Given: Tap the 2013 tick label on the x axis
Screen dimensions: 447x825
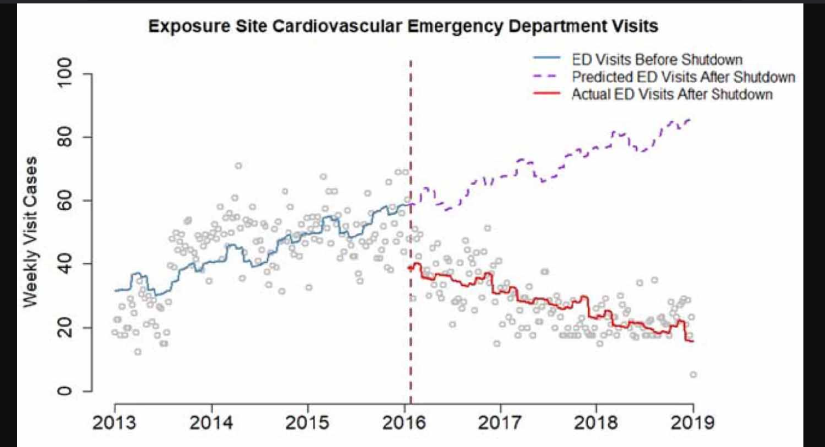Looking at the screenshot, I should pos(114,422).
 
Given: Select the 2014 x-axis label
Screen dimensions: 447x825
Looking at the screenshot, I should pos(211,422).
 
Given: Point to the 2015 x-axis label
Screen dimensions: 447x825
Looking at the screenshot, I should pos(307,422).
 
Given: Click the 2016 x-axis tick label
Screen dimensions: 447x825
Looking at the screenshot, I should pos(404,422).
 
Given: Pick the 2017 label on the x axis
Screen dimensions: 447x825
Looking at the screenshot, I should pos(500,422).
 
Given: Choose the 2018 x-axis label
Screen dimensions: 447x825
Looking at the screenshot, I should pos(596,422).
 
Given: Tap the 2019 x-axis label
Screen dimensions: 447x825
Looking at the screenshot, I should pos(692,422).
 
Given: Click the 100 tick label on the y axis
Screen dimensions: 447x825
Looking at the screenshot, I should pos(65,73).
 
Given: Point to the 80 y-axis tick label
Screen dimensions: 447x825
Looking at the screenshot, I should pos(65,137).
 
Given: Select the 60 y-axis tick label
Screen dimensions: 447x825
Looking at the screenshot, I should pos(65,200).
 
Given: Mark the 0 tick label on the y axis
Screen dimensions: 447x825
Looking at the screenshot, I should pos(65,391).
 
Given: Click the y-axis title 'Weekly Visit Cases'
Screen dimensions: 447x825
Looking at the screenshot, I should pos(30,232).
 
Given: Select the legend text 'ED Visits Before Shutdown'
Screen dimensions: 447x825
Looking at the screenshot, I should pos(657,60).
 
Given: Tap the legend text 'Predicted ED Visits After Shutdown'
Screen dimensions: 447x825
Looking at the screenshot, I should pos(683,77).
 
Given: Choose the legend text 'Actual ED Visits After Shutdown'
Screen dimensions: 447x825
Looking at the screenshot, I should pos(672,94).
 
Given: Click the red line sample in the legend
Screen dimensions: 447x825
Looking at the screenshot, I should pos(547,94).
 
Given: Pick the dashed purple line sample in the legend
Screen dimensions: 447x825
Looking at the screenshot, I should pos(547,76).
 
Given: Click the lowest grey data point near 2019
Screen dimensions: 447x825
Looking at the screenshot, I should pos(693,374).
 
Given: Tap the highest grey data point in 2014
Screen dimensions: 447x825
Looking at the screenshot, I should pos(238,166).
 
